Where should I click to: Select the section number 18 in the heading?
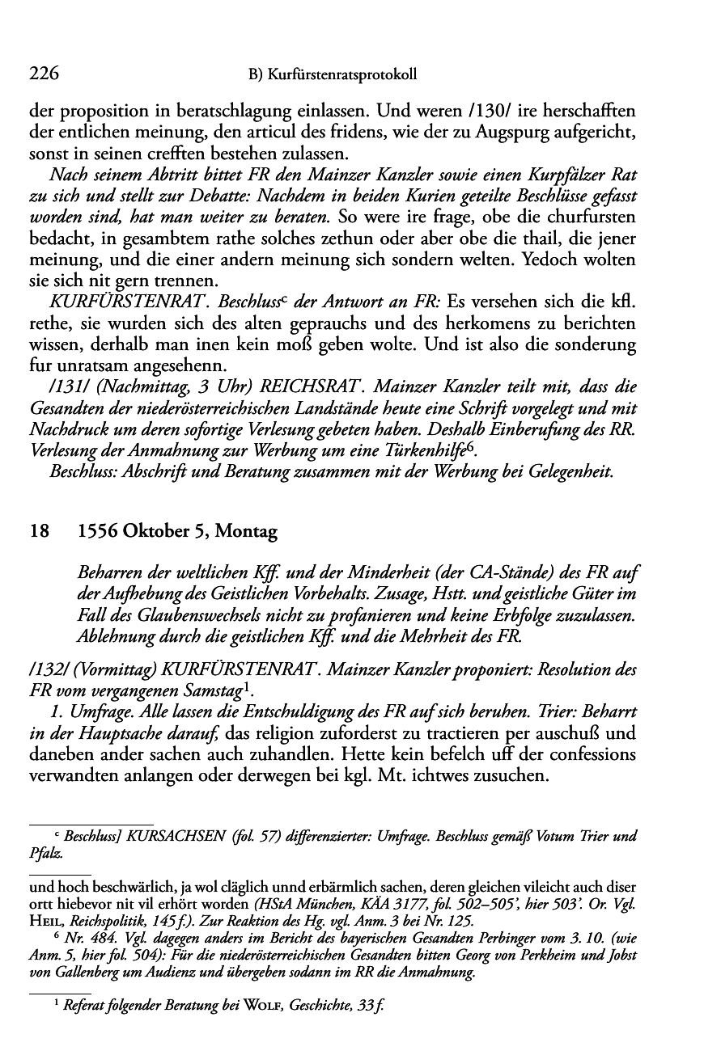tap(39, 532)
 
